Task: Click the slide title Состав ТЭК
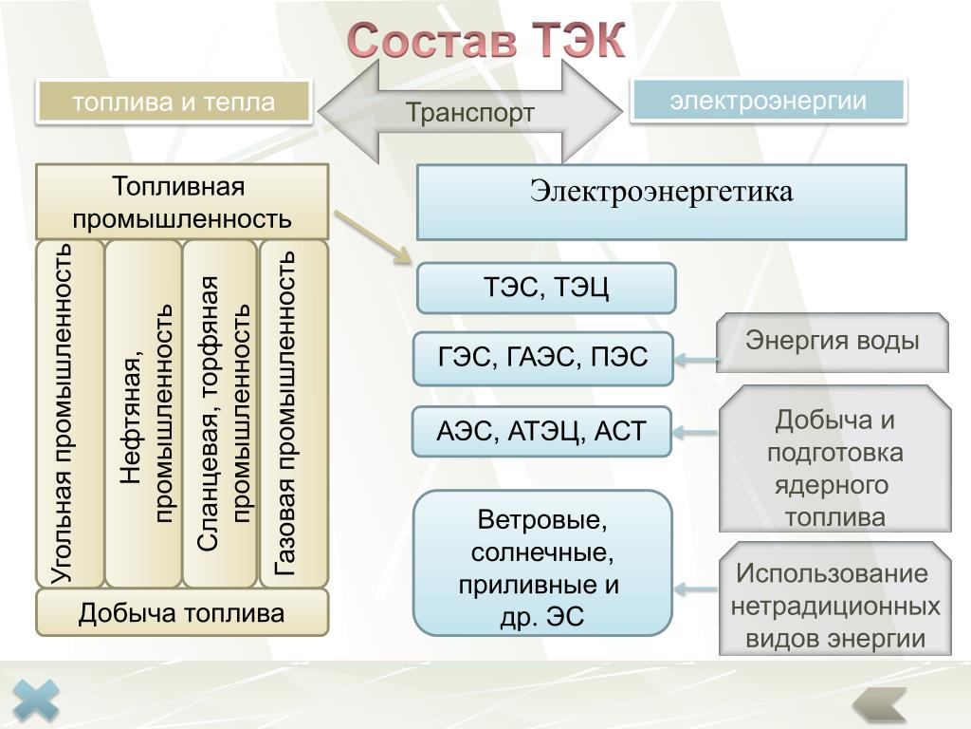pyautogui.click(x=486, y=40)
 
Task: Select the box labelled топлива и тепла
pyautogui.click(x=174, y=101)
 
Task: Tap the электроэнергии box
pyautogui.click(x=768, y=100)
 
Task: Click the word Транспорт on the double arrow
pyautogui.click(x=470, y=112)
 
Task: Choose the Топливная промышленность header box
pyautogui.click(x=182, y=202)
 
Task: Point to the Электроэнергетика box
pyautogui.click(x=661, y=202)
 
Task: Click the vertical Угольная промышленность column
pyautogui.click(x=69, y=414)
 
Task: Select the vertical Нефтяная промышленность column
pyautogui.click(x=144, y=414)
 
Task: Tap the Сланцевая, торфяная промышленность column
pyautogui.click(x=220, y=414)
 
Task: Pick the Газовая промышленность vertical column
pyautogui.click(x=294, y=414)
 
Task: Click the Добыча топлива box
pyautogui.click(x=182, y=612)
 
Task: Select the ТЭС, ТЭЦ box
pyautogui.click(x=546, y=288)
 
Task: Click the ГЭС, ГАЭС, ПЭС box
pyautogui.click(x=543, y=358)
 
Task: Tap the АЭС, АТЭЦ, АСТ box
pyautogui.click(x=541, y=432)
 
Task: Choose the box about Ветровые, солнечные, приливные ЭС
pyautogui.click(x=542, y=563)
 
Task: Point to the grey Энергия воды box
pyautogui.click(x=833, y=342)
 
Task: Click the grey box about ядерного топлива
pyautogui.click(x=834, y=458)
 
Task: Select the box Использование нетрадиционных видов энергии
pyautogui.click(x=834, y=598)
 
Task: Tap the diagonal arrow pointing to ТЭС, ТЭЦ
pyautogui.click(x=374, y=237)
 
